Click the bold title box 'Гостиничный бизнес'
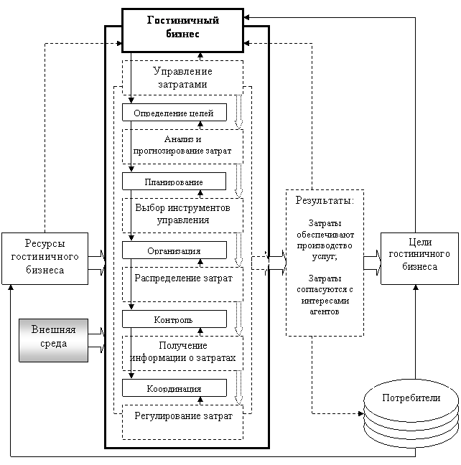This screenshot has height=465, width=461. (x=183, y=31)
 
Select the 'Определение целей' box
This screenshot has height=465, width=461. (x=174, y=113)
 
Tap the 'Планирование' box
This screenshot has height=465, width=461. (x=174, y=182)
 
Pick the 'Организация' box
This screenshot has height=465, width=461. (x=174, y=250)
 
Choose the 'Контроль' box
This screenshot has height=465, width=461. (x=174, y=319)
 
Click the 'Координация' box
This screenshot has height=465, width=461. (x=174, y=388)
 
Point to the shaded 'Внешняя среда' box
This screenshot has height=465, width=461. (x=53, y=340)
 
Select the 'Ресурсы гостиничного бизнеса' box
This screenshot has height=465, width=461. (x=45, y=258)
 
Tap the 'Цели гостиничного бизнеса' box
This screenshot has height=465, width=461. (x=419, y=258)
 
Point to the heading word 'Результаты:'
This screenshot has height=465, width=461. (x=325, y=200)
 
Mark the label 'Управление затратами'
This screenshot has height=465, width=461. (x=182, y=77)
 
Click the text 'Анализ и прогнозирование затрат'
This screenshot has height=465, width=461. (x=182, y=145)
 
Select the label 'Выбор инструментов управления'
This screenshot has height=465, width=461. (x=182, y=214)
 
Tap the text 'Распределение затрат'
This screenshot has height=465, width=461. (x=183, y=278)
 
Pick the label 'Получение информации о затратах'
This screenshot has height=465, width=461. (x=183, y=352)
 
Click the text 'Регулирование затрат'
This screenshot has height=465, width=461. (x=183, y=415)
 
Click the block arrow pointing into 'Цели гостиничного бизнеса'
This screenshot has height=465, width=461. (x=372, y=263)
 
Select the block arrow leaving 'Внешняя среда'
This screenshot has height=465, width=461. (x=97, y=340)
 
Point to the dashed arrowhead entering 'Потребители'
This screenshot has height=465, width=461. (x=361, y=413)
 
